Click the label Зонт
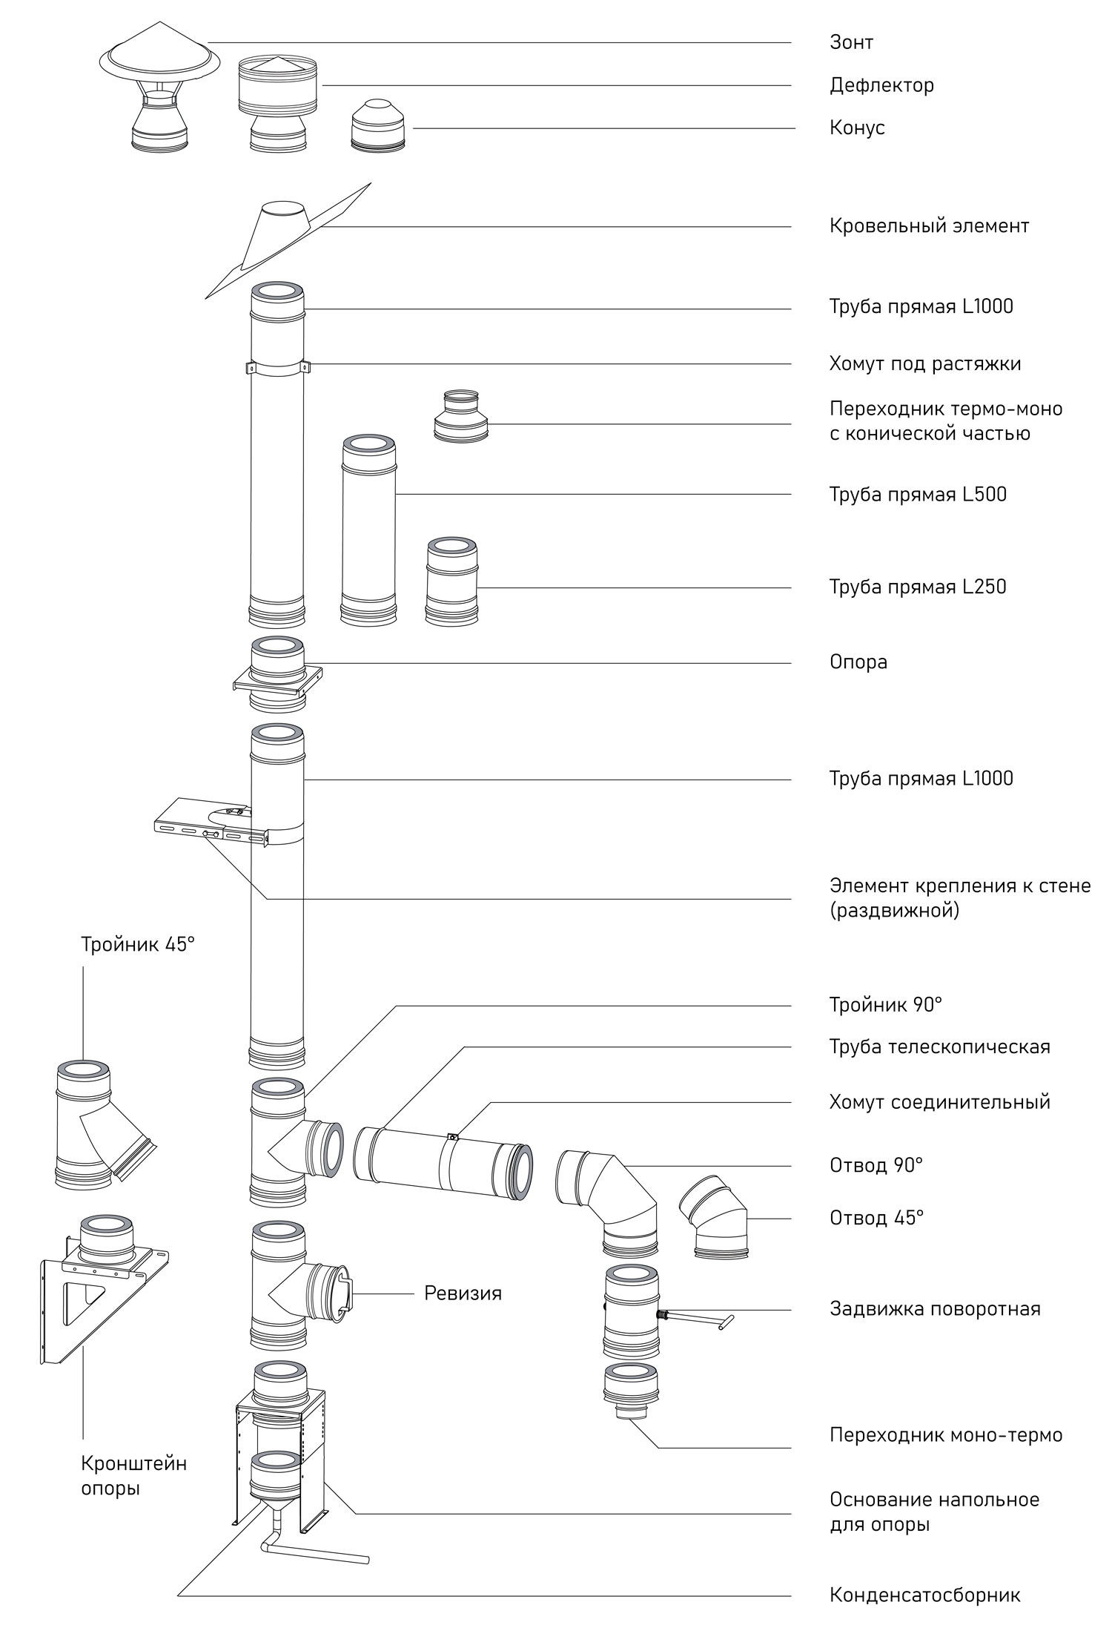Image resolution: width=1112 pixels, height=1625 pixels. pos(851,42)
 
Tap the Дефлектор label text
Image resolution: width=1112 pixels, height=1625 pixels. pos(881,85)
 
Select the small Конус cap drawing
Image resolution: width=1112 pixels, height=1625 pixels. pos(378,128)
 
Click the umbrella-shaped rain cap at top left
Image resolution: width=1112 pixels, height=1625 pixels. pos(159,96)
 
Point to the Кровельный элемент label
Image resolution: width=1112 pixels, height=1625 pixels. pos(929,225)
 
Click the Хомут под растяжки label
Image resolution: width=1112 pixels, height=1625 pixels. pos(925,364)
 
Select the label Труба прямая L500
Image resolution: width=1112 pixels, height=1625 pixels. pos(918,495)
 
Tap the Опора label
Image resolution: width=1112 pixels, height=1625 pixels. pos(858,662)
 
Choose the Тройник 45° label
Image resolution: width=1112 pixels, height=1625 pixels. pos(138,945)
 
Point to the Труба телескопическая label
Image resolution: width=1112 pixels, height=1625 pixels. pos(939,1047)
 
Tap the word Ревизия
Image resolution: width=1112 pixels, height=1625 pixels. pos(463,1293)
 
